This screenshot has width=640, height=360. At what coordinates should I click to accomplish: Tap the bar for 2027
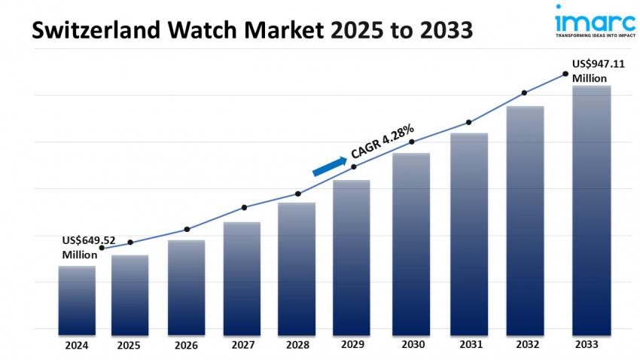242,278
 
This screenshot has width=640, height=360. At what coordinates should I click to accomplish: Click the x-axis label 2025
129,345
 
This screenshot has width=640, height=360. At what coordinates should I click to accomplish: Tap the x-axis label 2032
525,345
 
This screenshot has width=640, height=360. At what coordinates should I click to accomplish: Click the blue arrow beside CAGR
329,166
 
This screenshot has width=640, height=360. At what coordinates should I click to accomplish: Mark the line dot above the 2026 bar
187,229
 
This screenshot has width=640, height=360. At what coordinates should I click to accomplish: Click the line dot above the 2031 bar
468,122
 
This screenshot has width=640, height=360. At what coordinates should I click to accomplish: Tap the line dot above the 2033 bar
565,74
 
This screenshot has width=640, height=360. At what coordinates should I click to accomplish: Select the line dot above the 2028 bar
298,194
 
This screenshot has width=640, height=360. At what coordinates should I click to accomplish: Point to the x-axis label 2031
468,345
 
